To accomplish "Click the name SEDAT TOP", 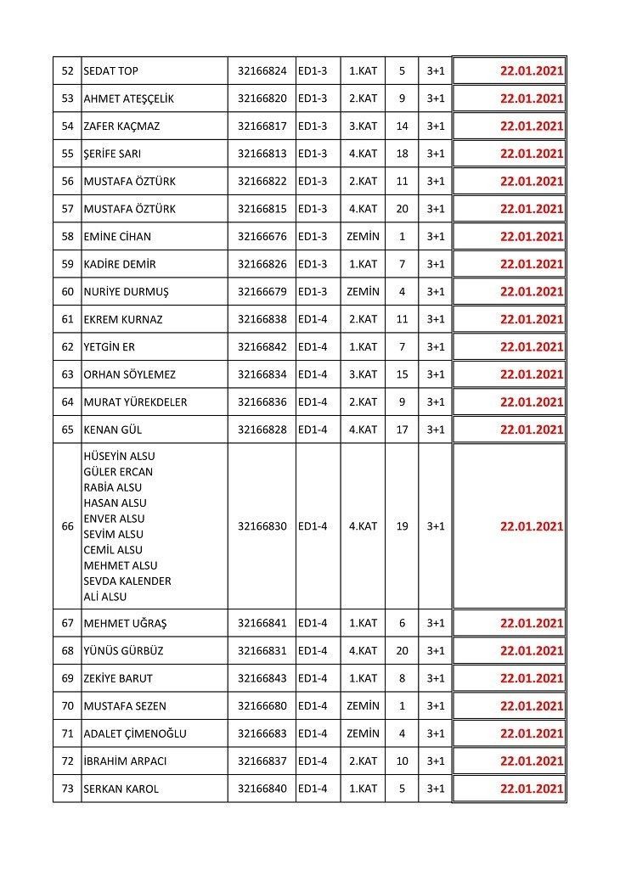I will click(111, 71).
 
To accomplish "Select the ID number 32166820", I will click(262, 98).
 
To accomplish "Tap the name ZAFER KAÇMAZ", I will click(122, 126).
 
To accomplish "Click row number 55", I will click(68, 154).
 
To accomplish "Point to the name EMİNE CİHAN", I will click(117, 237).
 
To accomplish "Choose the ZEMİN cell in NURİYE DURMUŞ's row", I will click(363, 292).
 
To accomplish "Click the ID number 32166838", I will click(262, 319).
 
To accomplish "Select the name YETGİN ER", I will click(110, 347).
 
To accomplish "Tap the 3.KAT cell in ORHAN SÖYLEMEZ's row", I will click(363, 374).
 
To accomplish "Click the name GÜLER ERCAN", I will click(119, 472).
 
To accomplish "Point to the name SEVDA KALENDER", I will click(127, 581).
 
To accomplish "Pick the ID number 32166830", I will click(262, 526).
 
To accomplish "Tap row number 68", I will click(68, 651).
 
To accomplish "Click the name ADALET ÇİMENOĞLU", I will click(135, 733).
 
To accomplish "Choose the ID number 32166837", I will click(262, 761).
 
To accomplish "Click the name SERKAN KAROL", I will click(121, 789).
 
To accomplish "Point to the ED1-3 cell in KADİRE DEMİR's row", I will click(318, 264).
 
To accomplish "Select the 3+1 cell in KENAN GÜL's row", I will click(436, 430).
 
